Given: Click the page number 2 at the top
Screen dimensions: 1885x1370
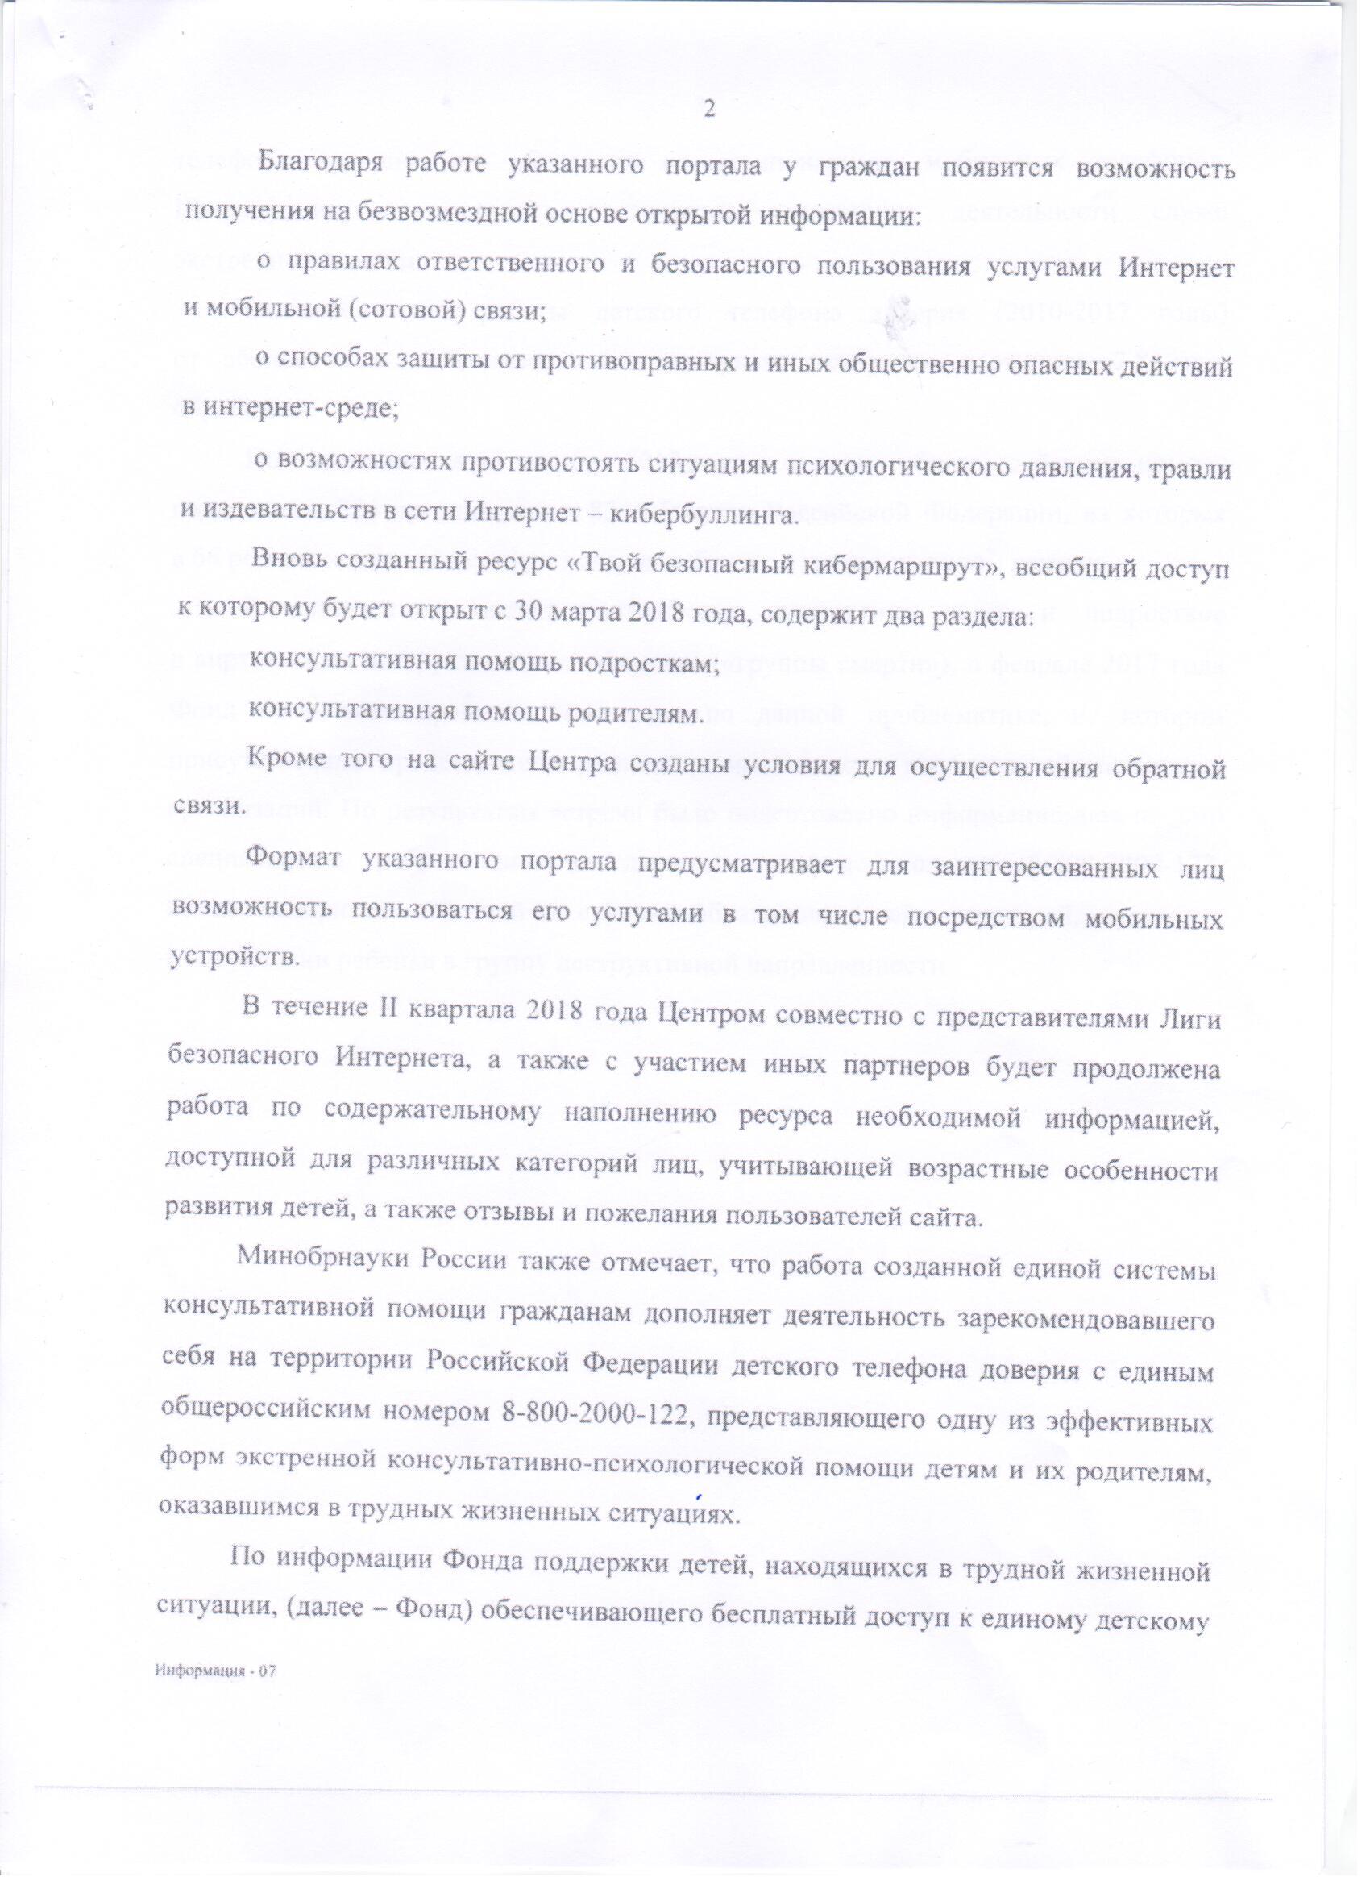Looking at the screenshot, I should (708, 109).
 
